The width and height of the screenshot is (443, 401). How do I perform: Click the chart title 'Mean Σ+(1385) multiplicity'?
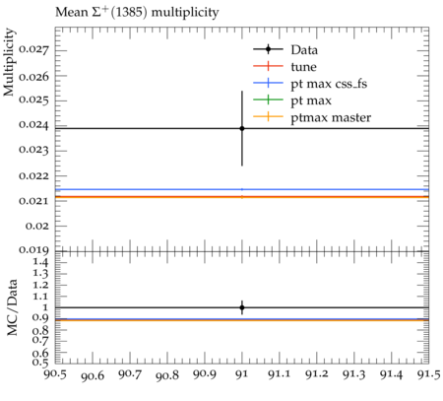(x=137, y=13)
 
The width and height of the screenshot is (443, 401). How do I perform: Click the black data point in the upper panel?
(x=242, y=128)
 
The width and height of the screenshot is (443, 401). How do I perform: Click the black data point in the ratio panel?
(x=242, y=307)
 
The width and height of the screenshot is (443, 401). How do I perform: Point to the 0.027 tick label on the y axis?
(x=33, y=50)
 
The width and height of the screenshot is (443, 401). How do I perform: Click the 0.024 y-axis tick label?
(x=33, y=125)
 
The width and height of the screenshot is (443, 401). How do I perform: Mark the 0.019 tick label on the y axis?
(x=33, y=250)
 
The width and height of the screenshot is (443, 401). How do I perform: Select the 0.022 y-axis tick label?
(x=33, y=175)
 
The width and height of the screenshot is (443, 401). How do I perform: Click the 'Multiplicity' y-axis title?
(x=9, y=62)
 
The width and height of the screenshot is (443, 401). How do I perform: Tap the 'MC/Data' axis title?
(x=12, y=307)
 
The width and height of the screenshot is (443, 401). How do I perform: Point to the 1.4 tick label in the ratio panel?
(x=40, y=262)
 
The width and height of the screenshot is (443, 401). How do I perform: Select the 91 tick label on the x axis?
(x=242, y=374)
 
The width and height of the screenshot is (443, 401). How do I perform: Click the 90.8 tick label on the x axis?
(x=167, y=375)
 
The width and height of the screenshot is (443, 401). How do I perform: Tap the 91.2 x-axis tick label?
(x=317, y=374)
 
